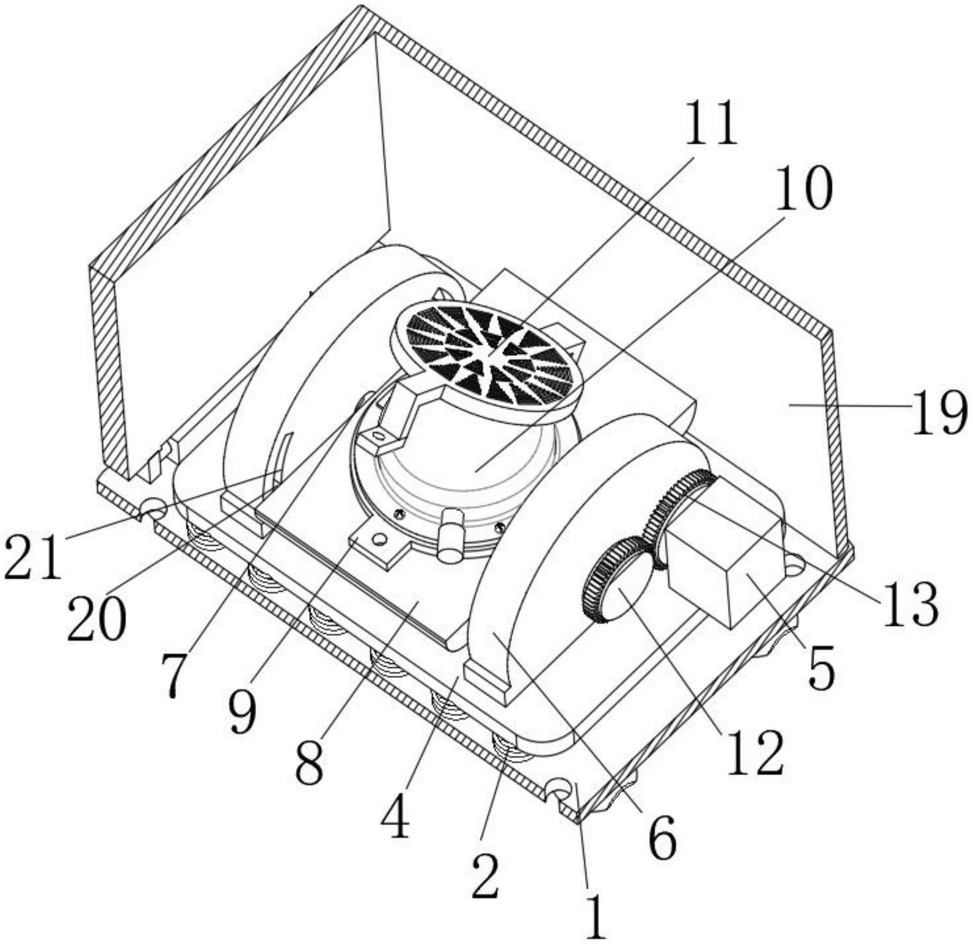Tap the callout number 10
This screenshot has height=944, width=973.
pos(804,187)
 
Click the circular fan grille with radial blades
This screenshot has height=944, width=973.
pos(486,360)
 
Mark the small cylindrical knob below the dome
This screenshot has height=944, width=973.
pos(451,535)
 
